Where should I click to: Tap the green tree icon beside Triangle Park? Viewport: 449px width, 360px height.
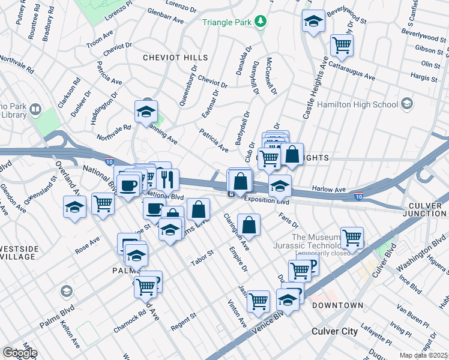260,22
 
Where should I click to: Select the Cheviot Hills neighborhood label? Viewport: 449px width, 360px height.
175,58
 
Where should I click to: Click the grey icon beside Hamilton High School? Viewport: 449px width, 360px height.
407,104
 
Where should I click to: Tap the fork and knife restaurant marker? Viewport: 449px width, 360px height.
167,178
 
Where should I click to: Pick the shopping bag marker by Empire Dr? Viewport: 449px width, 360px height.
248,226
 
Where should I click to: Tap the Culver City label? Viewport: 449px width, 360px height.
334,331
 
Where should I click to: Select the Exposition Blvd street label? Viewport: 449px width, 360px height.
267,201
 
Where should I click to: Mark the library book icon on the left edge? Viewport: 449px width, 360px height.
35,110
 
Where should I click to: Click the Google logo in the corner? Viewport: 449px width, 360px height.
19,352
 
